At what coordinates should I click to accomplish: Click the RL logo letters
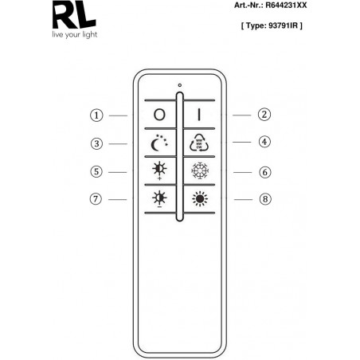click(x=74, y=14)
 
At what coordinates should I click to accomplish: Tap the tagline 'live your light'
click(x=75, y=35)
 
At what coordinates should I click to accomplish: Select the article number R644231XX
click(x=286, y=6)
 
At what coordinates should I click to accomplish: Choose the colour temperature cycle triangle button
click(x=199, y=143)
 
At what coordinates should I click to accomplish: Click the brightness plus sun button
click(x=159, y=170)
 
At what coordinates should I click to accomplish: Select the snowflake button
click(x=200, y=170)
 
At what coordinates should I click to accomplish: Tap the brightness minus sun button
click(x=159, y=199)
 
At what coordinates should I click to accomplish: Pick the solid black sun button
click(x=200, y=198)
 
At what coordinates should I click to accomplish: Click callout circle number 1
click(x=96, y=115)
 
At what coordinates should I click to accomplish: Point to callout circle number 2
click(x=264, y=115)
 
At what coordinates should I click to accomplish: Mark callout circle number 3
click(x=96, y=143)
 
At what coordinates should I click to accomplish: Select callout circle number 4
click(x=264, y=142)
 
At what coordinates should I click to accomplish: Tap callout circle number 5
click(x=96, y=171)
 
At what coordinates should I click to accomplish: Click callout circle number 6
click(x=265, y=172)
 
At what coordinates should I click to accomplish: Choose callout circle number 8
click(x=265, y=199)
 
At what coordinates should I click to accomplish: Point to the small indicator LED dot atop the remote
click(x=180, y=85)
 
